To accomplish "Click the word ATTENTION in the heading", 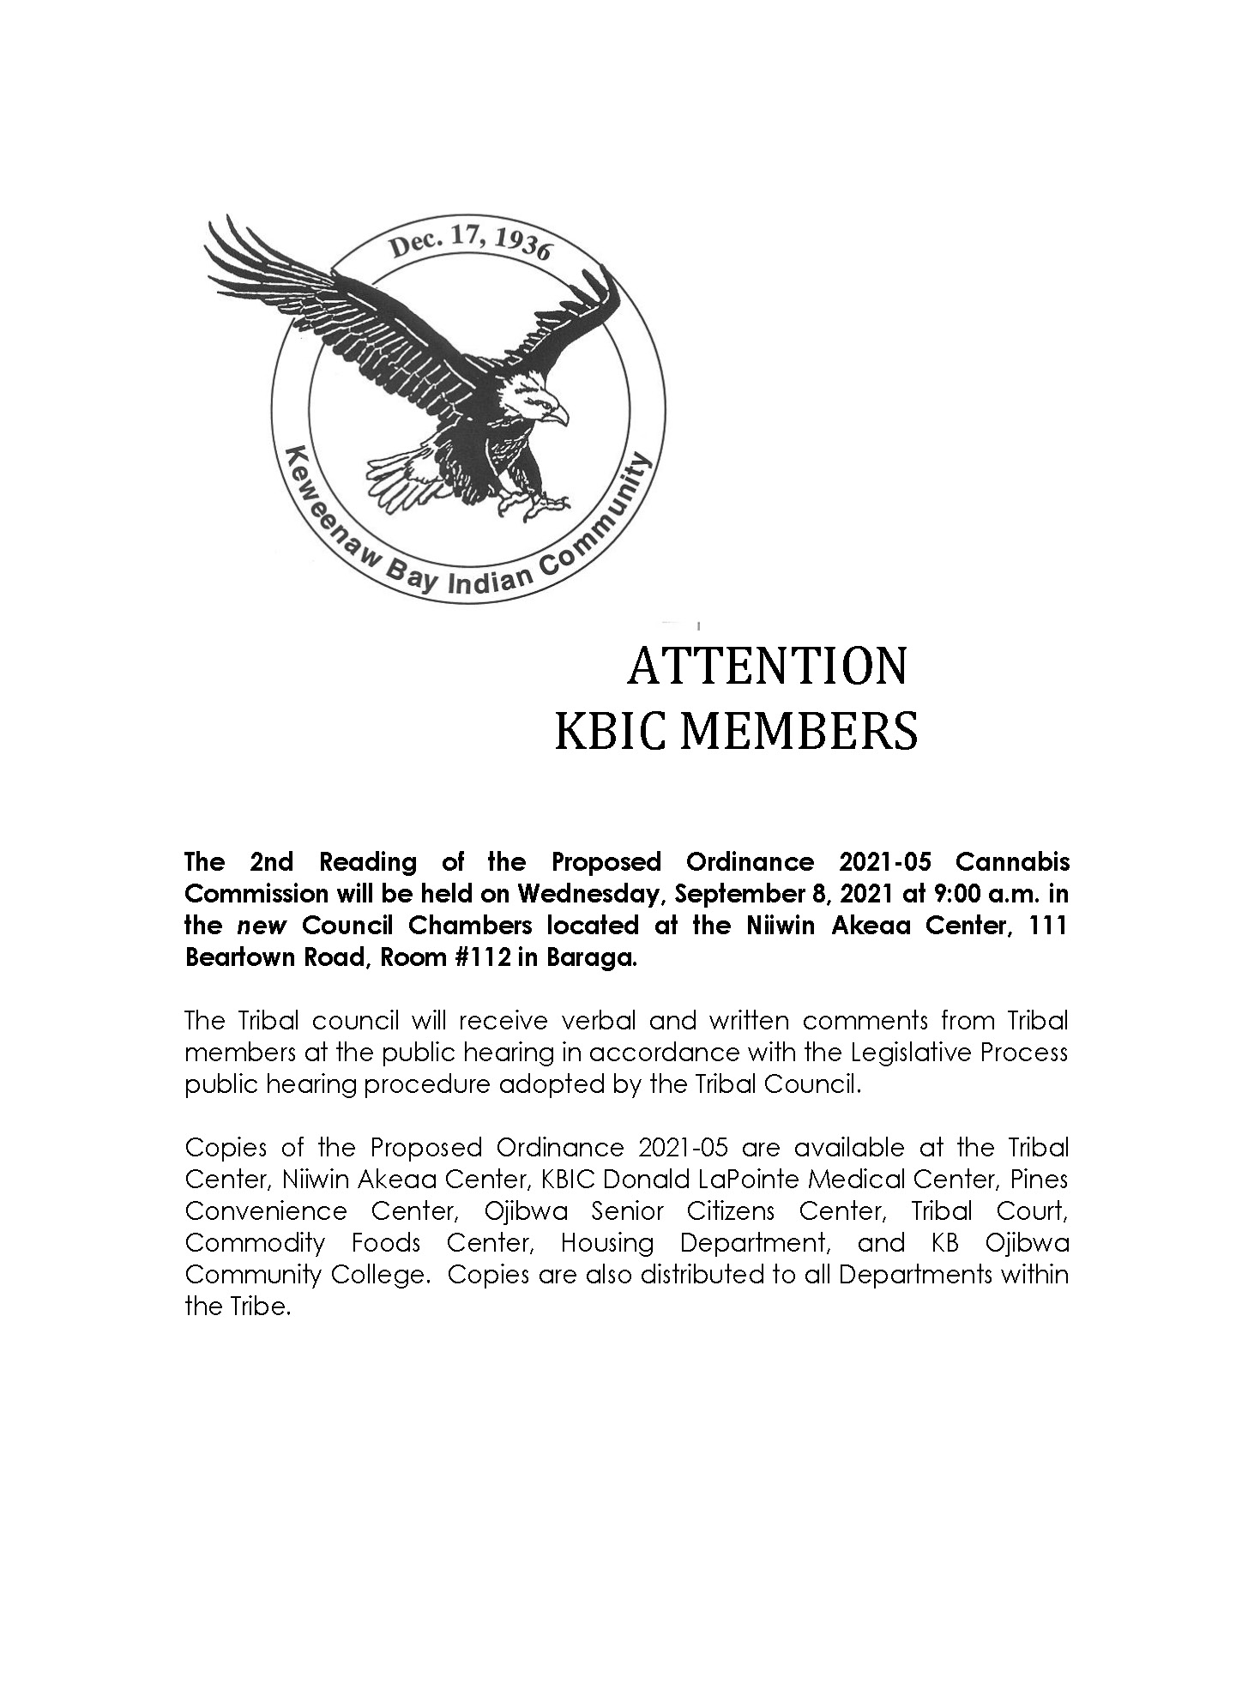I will (767, 667).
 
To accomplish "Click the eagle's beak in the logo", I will (558, 416).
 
